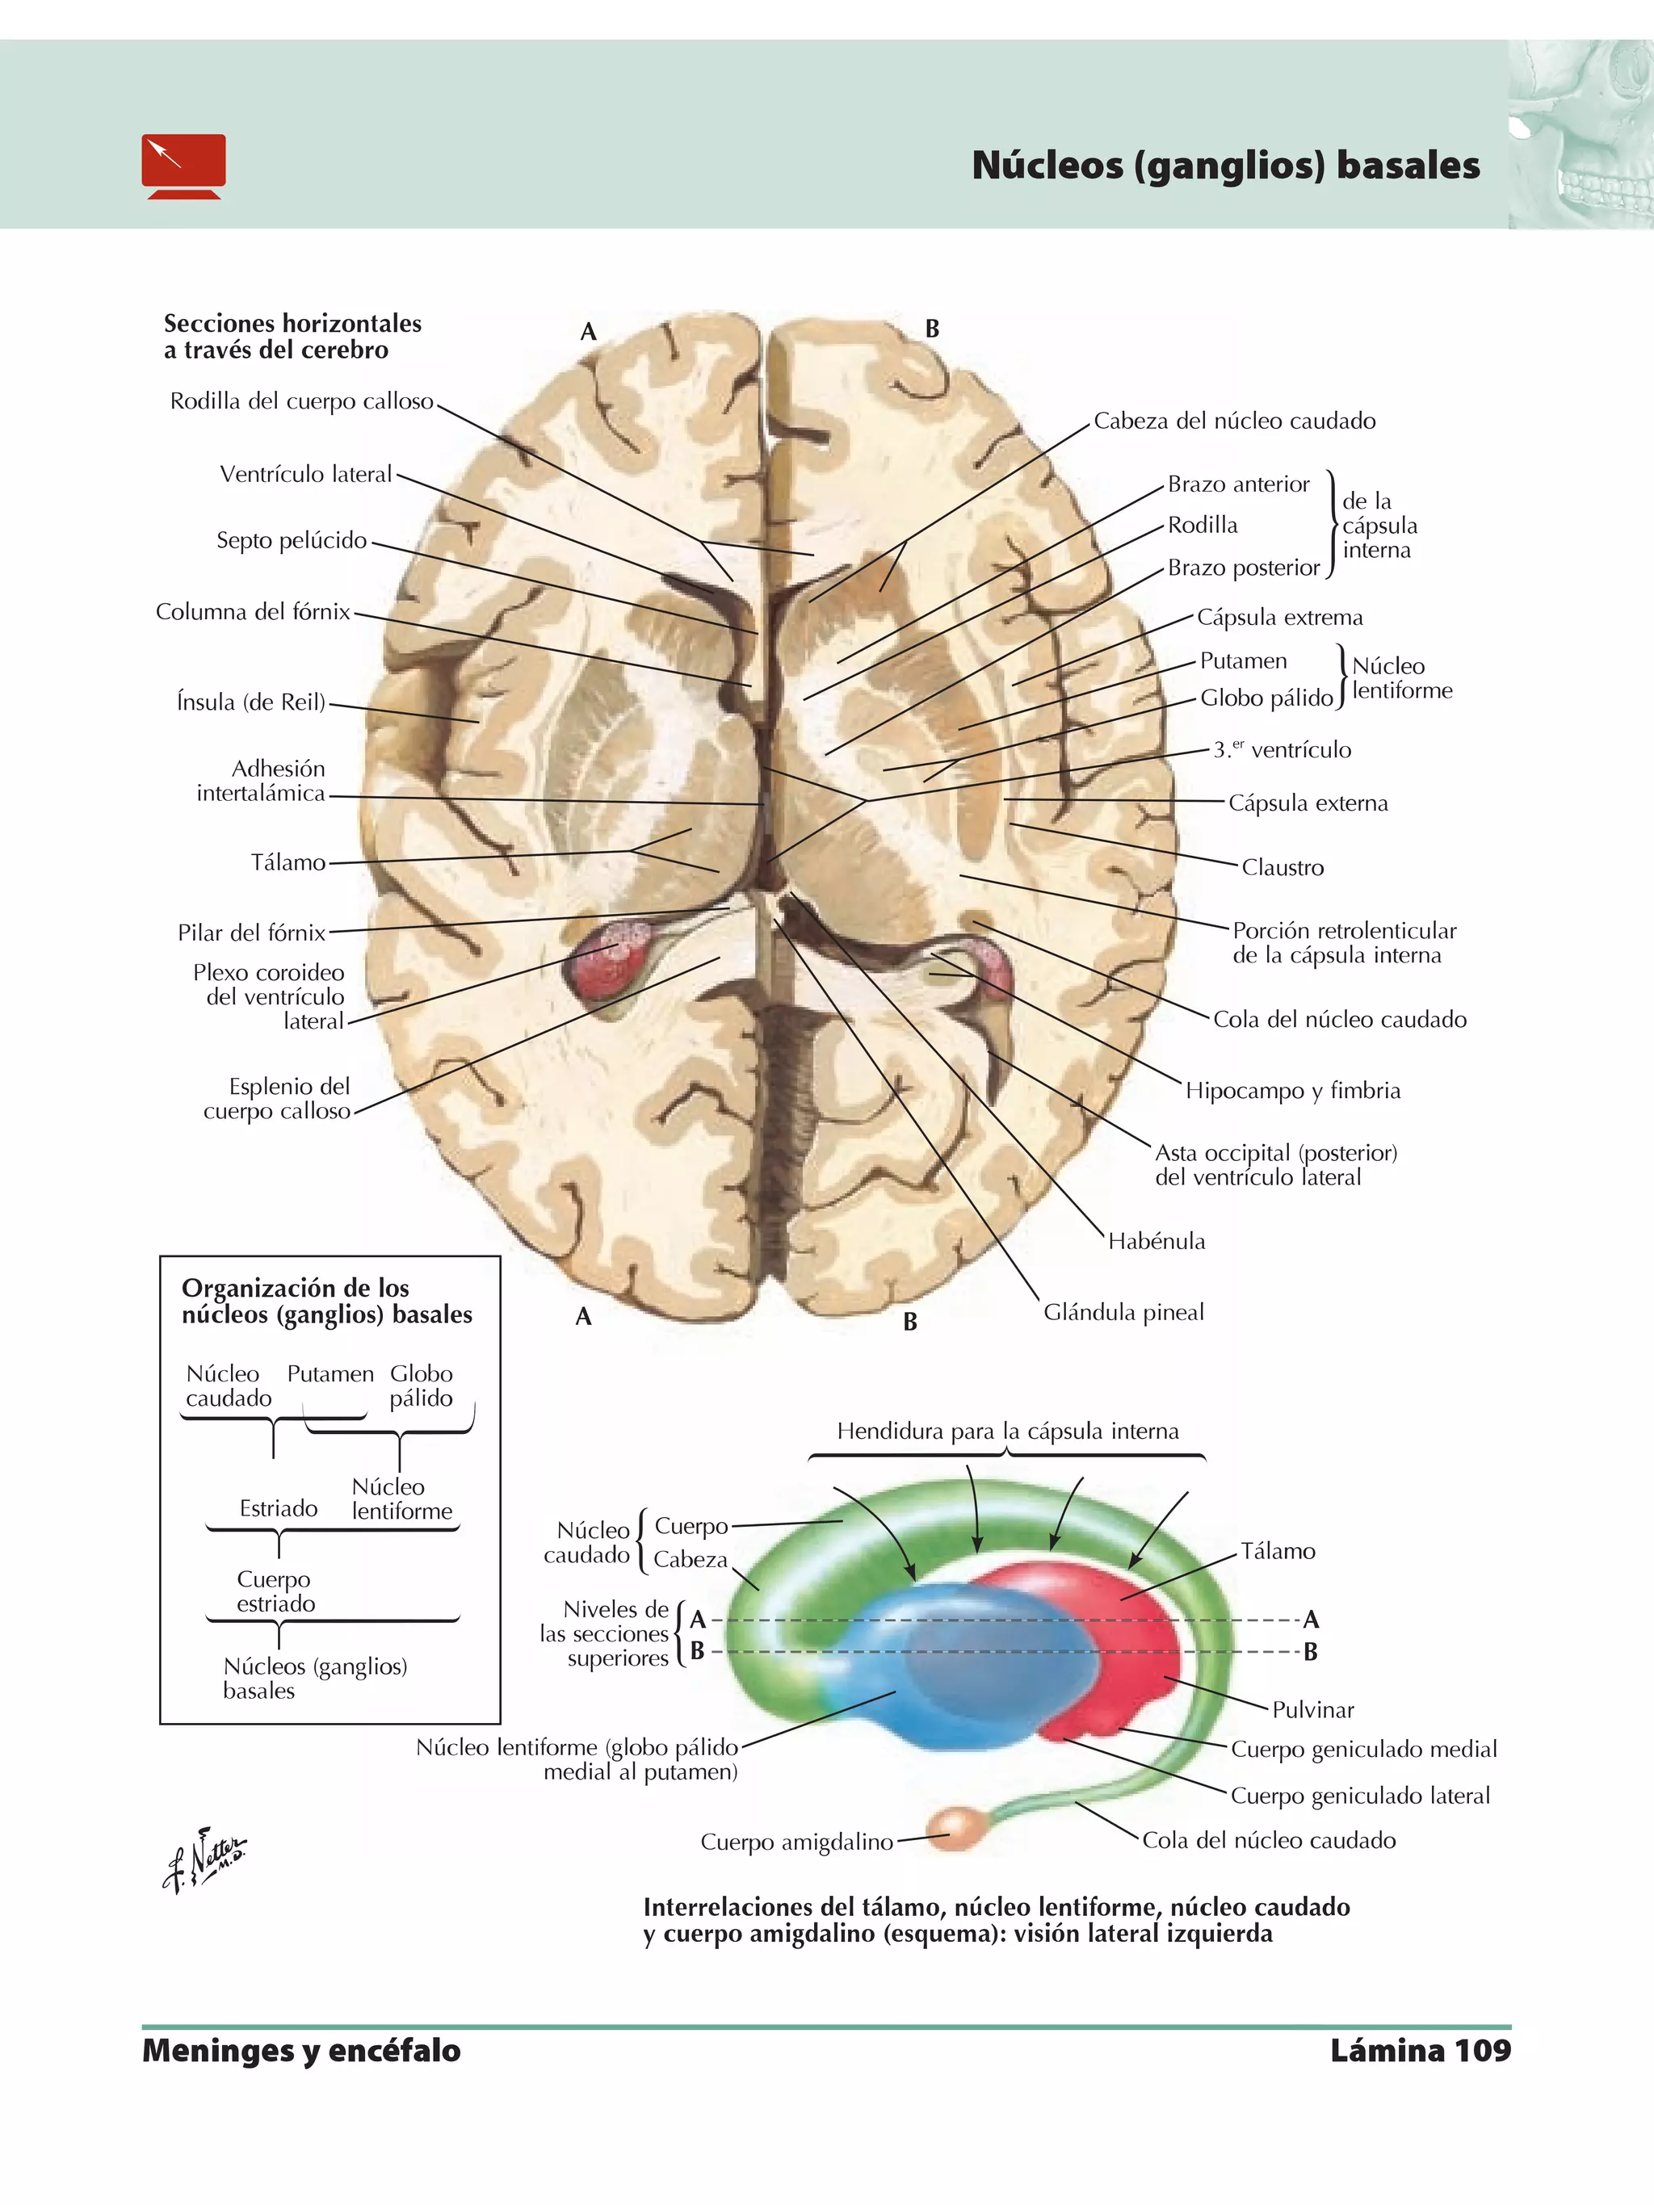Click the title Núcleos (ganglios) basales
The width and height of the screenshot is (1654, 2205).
click(1224, 166)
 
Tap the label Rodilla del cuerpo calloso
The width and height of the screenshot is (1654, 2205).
click(301, 402)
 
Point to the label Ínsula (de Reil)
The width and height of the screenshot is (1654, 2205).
click(250, 702)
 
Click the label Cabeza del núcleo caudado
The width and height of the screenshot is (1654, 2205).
click(1233, 421)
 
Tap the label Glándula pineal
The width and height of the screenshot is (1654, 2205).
click(1123, 1312)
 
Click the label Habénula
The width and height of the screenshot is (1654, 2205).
click(1156, 1241)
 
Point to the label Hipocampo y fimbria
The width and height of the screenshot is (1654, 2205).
click(1291, 1091)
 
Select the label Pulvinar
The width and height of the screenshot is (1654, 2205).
click(1312, 1709)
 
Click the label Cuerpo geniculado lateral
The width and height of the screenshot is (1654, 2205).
click(1359, 1796)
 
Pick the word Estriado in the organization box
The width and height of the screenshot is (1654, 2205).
click(278, 1509)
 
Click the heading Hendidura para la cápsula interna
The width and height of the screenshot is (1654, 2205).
click(1007, 1432)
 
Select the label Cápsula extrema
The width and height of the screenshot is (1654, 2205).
click(1279, 617)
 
